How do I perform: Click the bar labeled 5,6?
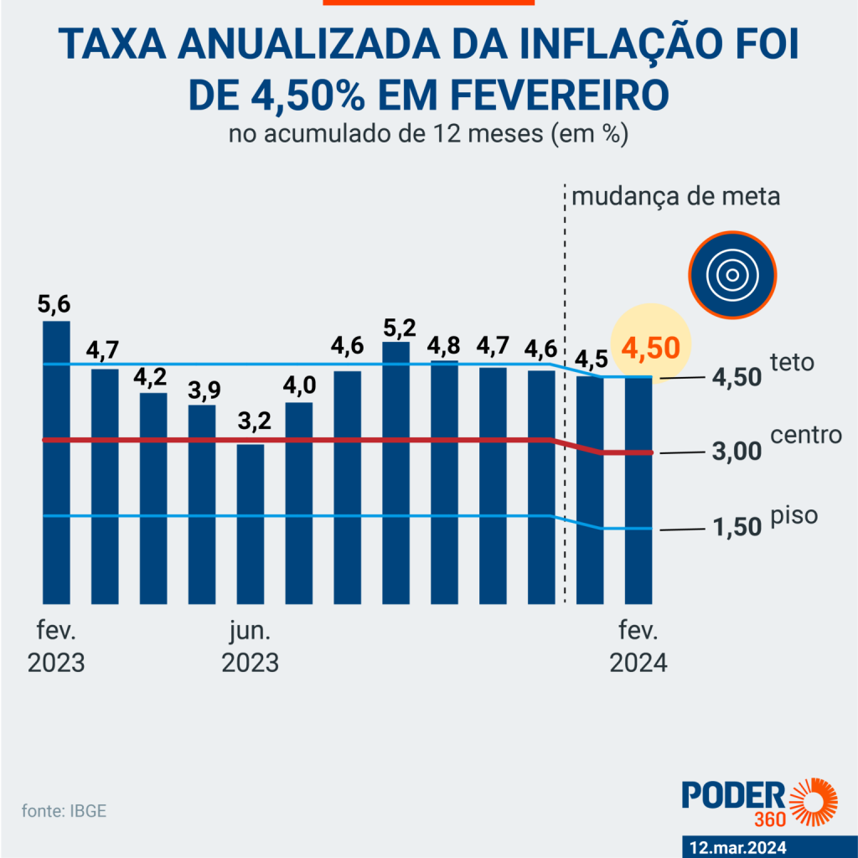point(56,461)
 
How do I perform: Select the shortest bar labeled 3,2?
point(251,524)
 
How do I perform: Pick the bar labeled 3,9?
point(202,504)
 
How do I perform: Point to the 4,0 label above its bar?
point(299,387)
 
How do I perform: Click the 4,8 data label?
point(445,345)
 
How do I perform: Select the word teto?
point(793,364)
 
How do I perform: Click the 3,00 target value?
point(737,452)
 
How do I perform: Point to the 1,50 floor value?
point(737,527)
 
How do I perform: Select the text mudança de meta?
point(675,198)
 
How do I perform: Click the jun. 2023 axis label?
point(250,645)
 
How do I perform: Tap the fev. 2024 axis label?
point(638,645)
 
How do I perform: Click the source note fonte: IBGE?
point(65,811)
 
